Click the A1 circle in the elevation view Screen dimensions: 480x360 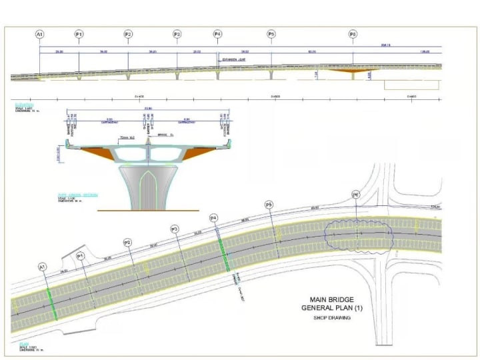click(39, 33)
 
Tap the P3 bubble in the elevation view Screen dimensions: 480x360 click(177, 33)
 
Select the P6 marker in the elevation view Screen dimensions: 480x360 click(353, 33)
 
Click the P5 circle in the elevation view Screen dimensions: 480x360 click(271, 33)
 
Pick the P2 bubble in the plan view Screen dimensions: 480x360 click(127, 243)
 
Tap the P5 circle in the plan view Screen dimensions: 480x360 click(269, 205)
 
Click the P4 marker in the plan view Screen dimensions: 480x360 click(214, 218)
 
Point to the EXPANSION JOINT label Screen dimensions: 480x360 click(235, 59)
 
